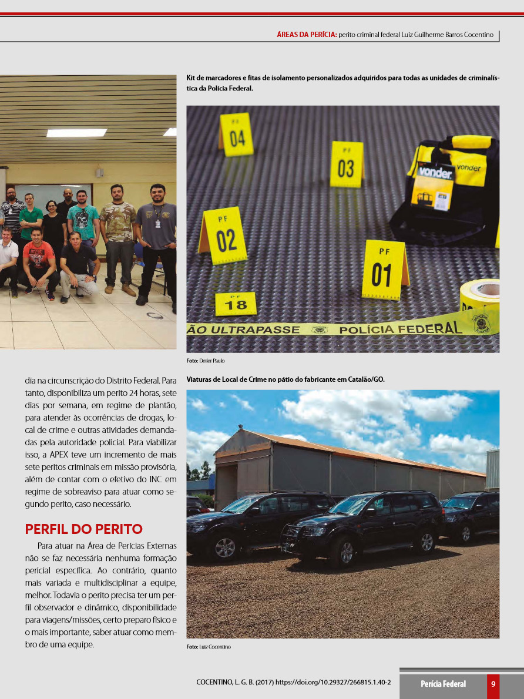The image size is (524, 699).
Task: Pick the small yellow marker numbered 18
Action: [x=236, y=304]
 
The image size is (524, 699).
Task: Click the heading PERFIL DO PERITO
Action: [x=83, y=529]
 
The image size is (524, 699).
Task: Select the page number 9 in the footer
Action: [x=493, y=684]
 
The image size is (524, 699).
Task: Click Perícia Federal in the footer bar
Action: [x=443, y=684]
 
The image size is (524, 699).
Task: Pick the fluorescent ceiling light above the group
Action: [x=76, y=133]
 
